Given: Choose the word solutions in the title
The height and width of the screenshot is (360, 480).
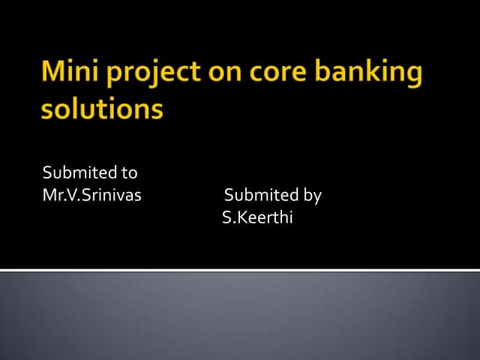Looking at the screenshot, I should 101,109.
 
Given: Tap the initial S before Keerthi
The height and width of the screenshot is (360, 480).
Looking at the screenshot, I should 226,218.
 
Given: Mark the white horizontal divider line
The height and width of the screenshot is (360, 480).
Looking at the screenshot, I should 240,269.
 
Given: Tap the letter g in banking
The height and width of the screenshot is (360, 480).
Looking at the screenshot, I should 412,76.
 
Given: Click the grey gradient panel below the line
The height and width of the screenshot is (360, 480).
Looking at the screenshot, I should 240,315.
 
